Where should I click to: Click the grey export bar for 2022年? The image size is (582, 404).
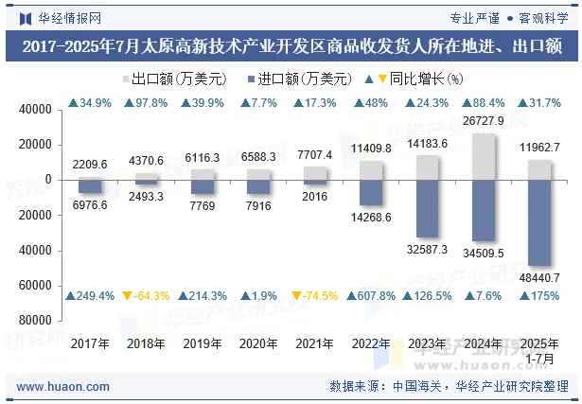coord(371,169)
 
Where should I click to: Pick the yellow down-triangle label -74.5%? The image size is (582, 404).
coord(315,296)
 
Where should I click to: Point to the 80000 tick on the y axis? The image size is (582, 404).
coord(34,321)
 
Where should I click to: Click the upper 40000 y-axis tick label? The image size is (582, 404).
coord(34,110)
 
